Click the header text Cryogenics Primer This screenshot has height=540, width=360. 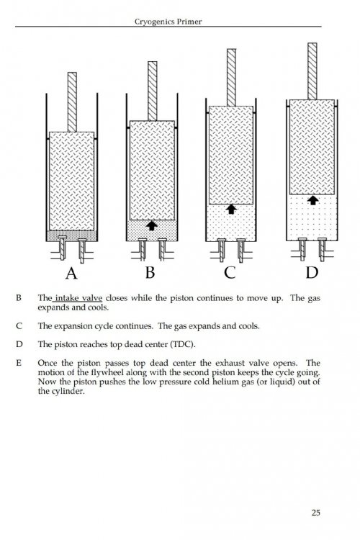[168, 22]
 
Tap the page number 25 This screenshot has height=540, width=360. [315, 513]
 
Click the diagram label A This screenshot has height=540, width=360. [71, 274]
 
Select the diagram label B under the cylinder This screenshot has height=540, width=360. [150, 272]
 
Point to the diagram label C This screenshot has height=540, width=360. [230, 272]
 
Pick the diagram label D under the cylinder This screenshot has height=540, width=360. [312, 272]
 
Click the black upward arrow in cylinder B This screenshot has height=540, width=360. [152, 225]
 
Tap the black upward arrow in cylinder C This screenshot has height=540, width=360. [231, 209]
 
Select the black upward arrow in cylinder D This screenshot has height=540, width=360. [312, 200]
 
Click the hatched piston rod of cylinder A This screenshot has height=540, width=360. [72, 102]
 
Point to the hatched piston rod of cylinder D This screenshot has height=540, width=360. [312, 71]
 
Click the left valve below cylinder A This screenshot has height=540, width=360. [63, 248]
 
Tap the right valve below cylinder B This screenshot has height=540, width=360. [162, 249]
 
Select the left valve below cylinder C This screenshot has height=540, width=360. [222, 249]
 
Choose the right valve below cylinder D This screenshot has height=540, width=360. [322, 249]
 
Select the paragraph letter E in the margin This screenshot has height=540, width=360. [19, 363]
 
